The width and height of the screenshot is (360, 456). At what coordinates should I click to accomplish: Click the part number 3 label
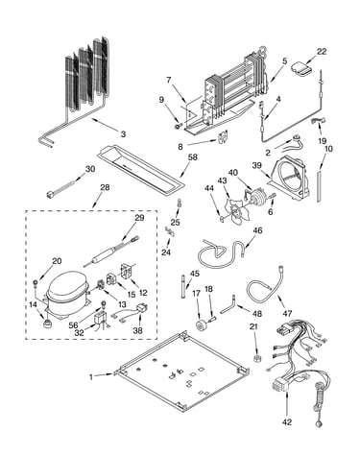(123, 134)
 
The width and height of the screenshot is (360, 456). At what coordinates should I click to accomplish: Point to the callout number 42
(287, 422)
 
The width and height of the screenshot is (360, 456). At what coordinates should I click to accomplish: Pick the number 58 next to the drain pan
(193, 157)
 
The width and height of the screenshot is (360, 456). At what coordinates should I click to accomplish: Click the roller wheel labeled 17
(202, 324)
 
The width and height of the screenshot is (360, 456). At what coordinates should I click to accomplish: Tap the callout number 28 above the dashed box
(105, 187)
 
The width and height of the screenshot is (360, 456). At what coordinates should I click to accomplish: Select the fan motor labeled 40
(255, 197)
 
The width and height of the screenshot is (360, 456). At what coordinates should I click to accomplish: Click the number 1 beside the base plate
(91, 377)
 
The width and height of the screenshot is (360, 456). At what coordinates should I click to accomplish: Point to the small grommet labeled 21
(256, 358)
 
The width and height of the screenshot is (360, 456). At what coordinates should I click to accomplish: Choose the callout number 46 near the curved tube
(257, 230)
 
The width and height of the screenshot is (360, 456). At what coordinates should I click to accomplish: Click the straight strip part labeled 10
(319, 186)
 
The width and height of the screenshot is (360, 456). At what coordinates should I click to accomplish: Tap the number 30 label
(90, 169)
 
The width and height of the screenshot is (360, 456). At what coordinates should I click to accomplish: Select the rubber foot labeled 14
(47, 324)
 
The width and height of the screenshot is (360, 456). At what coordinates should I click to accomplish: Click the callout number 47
(287, 313)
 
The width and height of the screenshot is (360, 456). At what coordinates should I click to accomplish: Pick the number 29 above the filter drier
(139, 218)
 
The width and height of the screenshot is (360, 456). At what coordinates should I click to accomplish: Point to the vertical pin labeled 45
(182, 286)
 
